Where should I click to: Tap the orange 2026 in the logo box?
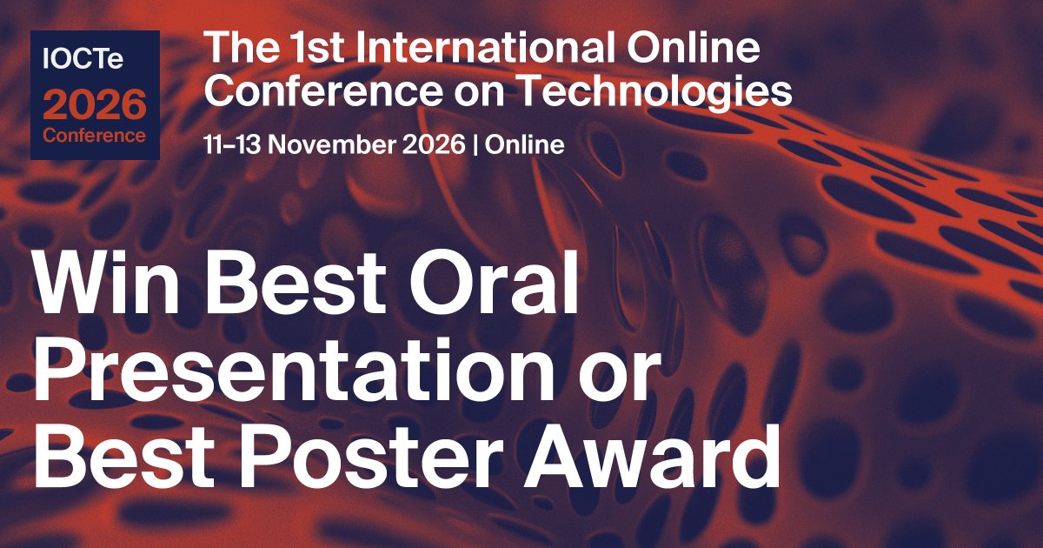point(96,105)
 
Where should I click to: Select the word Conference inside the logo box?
point(95,136)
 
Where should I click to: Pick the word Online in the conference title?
point(705,50)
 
